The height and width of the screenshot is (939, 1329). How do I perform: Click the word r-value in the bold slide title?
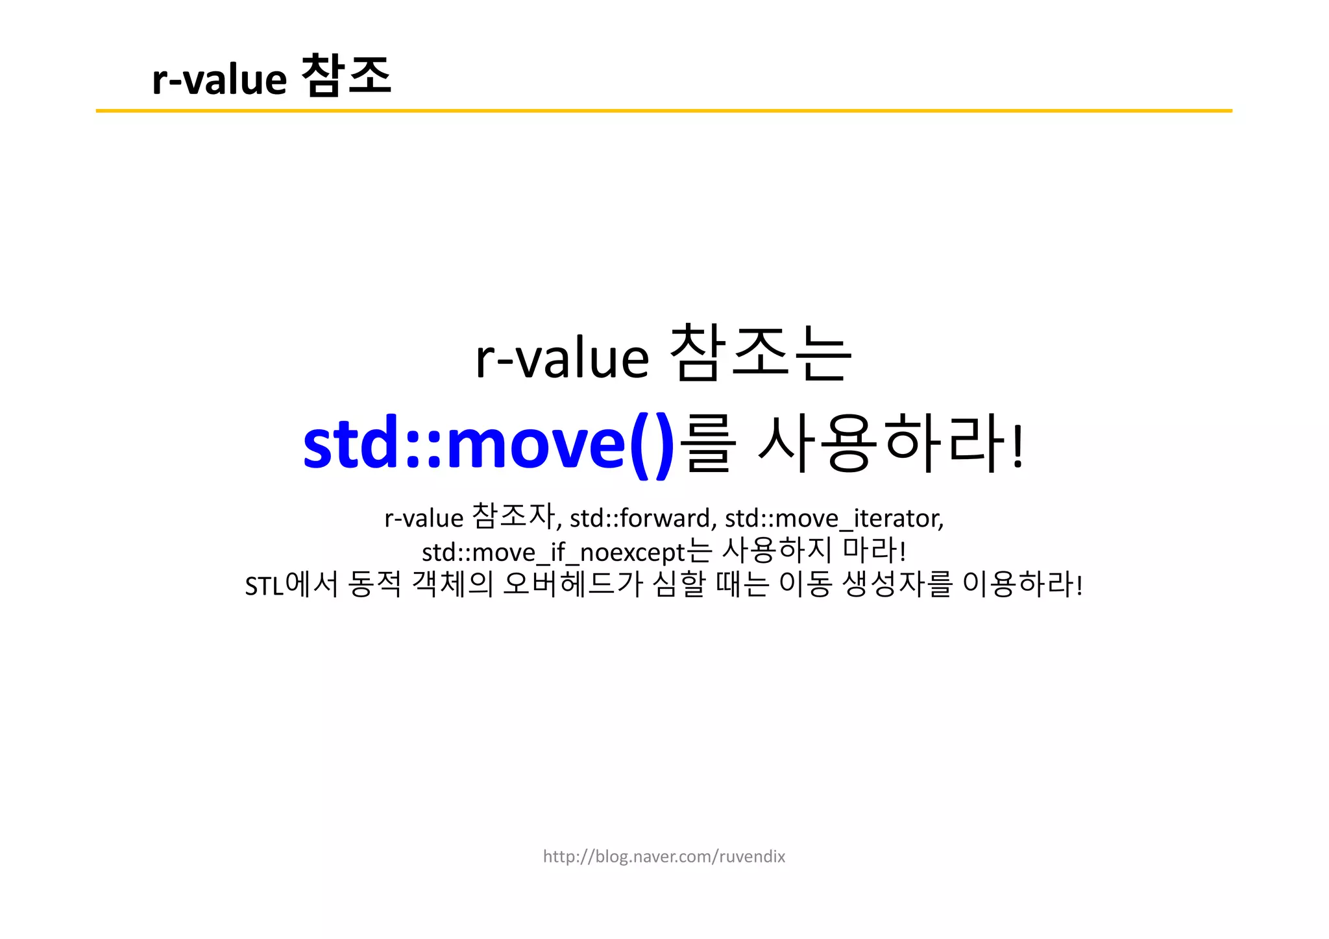pyautogui.click(x=219, y=79)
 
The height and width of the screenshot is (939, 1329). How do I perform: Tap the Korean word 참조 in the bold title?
pyautogui.click(x=347, y=76)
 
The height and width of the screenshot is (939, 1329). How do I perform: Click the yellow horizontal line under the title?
pyautogui.click(x=663, y=111)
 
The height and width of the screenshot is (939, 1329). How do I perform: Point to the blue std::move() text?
pyautogui.click(x=489, y=445)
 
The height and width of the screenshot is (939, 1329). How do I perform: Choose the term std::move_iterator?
pyautogui.click(x=834, y=518)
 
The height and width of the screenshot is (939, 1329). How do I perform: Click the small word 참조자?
pyautogui.click(x=513, y=517)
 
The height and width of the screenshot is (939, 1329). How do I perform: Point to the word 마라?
pyautogui.click(x=874, y=551)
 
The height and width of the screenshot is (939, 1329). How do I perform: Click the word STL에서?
pyautogui.click(x=291, y=585)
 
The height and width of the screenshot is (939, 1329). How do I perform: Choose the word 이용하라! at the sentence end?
pyautogui.click(x=1023, y=584)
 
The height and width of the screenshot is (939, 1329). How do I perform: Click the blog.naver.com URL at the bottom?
pyautogui.click(x=664, y=857)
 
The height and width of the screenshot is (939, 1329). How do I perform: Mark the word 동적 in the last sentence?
pyautogui.click(x=375, y=584)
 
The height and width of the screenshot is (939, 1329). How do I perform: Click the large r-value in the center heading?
pyautogui.click(x=562, y=358)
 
